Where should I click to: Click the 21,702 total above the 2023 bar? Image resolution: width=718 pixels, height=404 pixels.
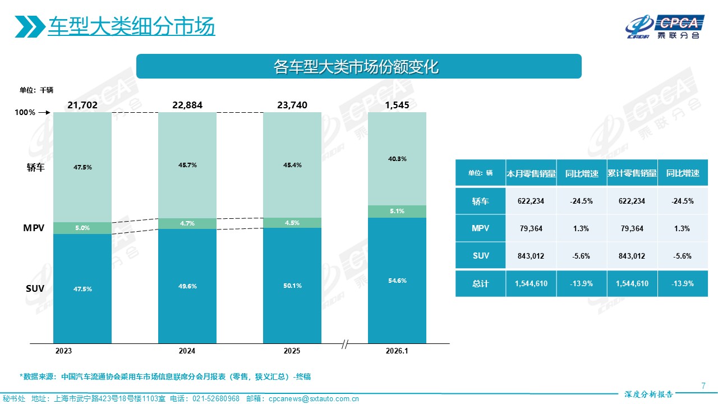pyautogui.click(x=82, y=105)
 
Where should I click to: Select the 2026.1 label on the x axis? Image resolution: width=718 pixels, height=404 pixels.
pyautogui.click(x=397, y=351)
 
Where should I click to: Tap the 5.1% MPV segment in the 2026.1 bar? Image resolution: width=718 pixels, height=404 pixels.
pyautogui.click(x=397, y=212)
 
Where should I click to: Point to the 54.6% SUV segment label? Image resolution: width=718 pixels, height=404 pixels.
pyautogui.click(x=397, y=281)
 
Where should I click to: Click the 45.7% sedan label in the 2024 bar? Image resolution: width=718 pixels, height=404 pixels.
pyautogui.click(x=187, y=165)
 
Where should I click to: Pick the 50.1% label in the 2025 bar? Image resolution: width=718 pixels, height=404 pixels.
pyautogui.click(x=292, y=286)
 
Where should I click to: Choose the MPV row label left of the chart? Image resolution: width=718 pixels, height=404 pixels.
pyautogui.click(x=34, y=229)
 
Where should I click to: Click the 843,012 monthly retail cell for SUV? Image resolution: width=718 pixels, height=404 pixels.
pyautogui.click(x=531, y=256)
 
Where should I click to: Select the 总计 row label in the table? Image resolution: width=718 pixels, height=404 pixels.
pyautogui.click(x=480, y=284)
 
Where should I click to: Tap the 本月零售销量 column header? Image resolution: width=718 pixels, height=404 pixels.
pyautogui.click(x=531, y=173)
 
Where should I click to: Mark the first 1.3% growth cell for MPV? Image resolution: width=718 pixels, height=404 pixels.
pyautogui.click(x=581, y=228)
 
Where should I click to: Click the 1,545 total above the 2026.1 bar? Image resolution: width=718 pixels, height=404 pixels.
pyautogui.click(x=397, y=105)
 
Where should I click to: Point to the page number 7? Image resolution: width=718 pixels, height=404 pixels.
pyautogui.click(x=703, y=385)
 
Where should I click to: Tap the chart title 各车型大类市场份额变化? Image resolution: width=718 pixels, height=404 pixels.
pyautogui.click(x=359, y=67)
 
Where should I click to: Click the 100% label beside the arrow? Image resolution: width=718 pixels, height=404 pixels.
pyautogui.click(x=25, y=113)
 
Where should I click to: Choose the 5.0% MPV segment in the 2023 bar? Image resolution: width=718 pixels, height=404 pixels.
pyautogui.click(x=82, y=228)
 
